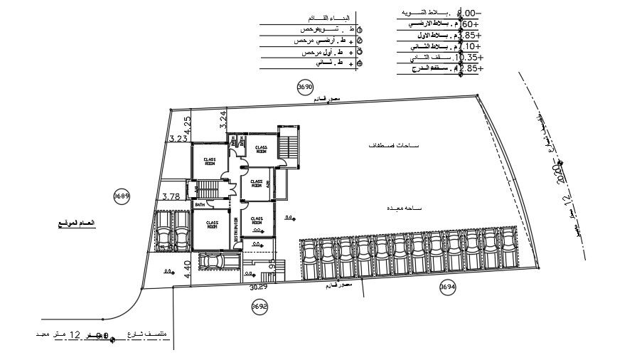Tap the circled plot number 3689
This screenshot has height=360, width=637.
tap(122, 196)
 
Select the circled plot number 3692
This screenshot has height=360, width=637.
tap(259, 307)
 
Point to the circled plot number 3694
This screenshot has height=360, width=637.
tap(447, 287)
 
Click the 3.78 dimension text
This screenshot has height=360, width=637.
tap(171, 197)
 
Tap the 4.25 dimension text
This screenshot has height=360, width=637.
tap(188, 125)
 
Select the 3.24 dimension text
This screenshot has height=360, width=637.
tap(223, 120)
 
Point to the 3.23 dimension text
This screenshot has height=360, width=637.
tap(178, 139)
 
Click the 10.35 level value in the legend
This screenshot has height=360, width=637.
tap(470, 57)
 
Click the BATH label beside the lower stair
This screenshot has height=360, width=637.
tap(200, 206)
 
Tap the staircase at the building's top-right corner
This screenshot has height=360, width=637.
tap(289, 146)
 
